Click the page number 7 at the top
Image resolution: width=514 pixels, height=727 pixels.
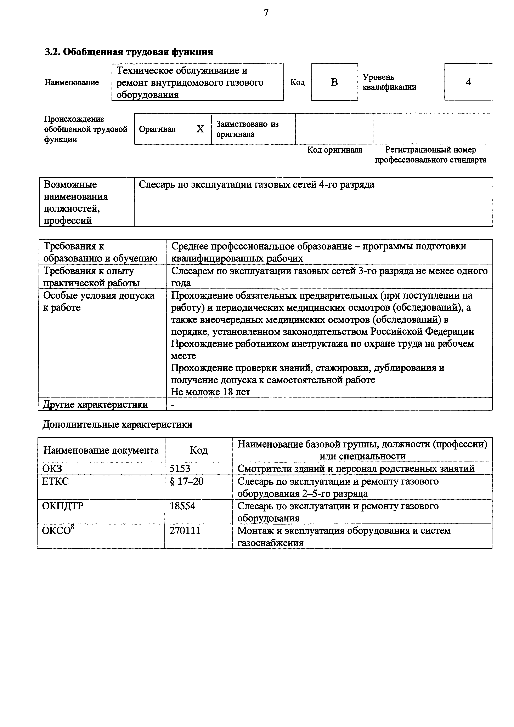266,13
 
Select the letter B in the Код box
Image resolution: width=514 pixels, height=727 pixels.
334,82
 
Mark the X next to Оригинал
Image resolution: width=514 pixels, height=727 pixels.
200,129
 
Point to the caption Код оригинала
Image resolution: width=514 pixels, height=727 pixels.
334,150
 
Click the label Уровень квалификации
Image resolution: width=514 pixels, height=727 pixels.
389,82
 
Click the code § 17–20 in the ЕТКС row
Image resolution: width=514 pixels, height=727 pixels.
187,482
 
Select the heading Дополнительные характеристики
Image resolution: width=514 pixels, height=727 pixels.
117,424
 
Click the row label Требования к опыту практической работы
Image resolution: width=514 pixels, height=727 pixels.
91,277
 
